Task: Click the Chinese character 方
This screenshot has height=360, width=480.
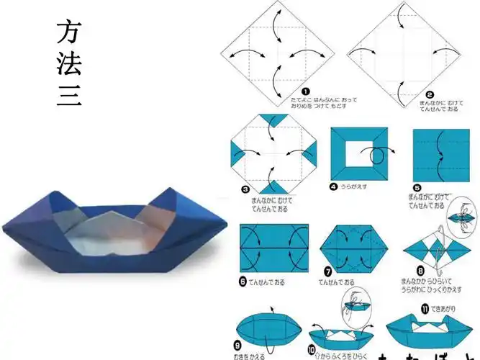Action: (x=69, y=32)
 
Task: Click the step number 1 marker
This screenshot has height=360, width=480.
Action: (x=305, y=91)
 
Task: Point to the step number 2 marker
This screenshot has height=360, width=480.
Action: (x=430, y=94)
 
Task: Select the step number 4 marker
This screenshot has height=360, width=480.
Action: (x=334, y=186)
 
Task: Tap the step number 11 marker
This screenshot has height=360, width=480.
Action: (x=425, y=310)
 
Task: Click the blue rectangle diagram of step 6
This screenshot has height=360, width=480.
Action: (x=273, y=248)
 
